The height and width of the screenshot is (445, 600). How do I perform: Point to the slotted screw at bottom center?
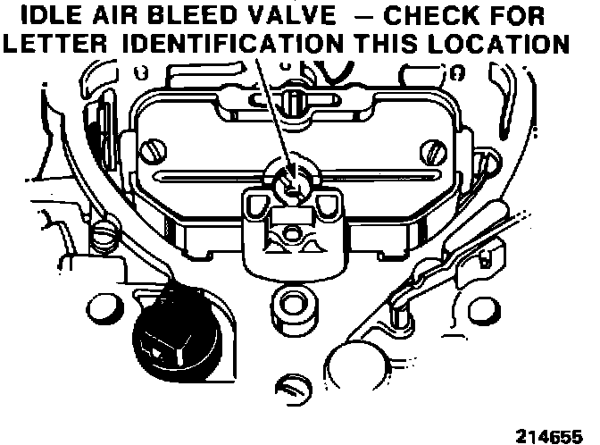pos(291,388)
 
